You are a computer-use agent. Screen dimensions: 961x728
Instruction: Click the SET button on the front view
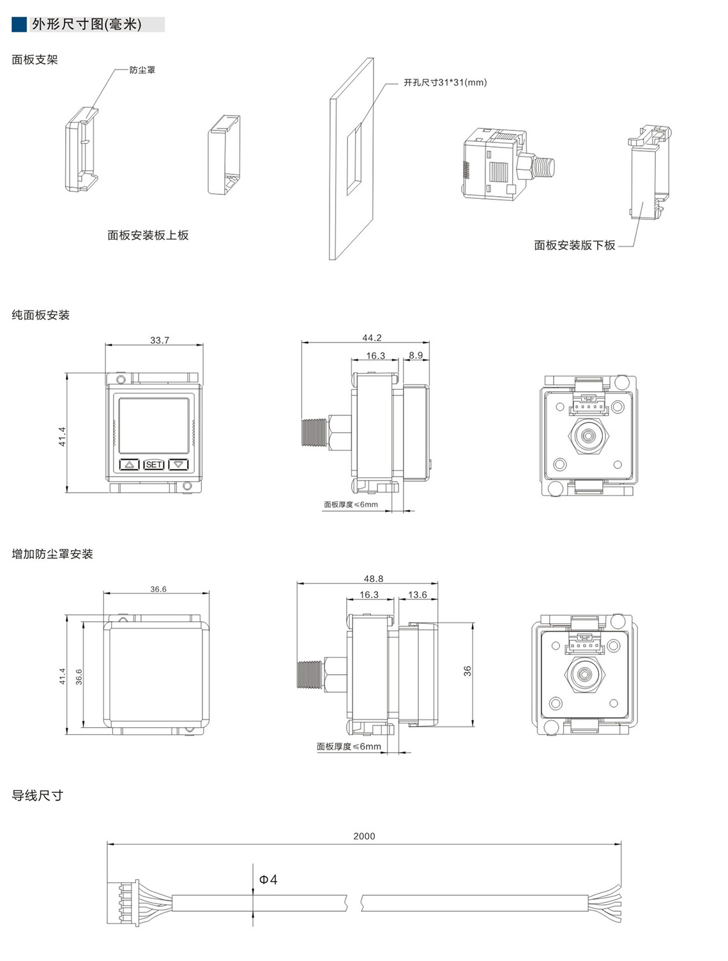(x=153, y=465)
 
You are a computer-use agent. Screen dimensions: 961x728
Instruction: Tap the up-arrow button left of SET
(x=130, y=465)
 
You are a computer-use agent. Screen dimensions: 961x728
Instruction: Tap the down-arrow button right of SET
(x=178, y=465)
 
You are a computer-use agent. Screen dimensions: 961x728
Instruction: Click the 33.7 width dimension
(x=160, y=341)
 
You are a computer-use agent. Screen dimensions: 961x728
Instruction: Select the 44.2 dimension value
(x=372, y=338)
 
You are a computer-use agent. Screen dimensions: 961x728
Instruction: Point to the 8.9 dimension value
(x=416, y=355)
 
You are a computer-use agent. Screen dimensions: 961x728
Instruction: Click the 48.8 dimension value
(x=374, y=579)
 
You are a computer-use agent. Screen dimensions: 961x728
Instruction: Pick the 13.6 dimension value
(x=417, y=594)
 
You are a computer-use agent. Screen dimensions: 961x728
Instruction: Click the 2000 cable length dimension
(x=364, y=836)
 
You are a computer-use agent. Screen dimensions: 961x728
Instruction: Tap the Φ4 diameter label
(x=268, y=880)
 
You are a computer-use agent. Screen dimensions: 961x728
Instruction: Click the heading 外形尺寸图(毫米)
(x=87, y=24)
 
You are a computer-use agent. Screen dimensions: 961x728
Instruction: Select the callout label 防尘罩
(x=142, y=70)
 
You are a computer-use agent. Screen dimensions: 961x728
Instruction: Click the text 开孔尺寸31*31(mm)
(x=445, y=82)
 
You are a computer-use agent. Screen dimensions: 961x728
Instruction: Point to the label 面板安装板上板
(x=148, y=235)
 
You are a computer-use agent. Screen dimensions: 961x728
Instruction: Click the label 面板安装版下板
(x=575, y=245)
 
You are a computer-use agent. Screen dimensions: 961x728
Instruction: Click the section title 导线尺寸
(x=37, y=796)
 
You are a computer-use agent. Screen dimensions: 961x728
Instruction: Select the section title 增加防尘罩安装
(x=52, y=554)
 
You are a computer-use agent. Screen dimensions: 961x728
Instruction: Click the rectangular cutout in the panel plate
(x=354, y=158)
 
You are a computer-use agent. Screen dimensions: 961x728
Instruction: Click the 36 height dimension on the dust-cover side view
(x=467, y=671)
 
